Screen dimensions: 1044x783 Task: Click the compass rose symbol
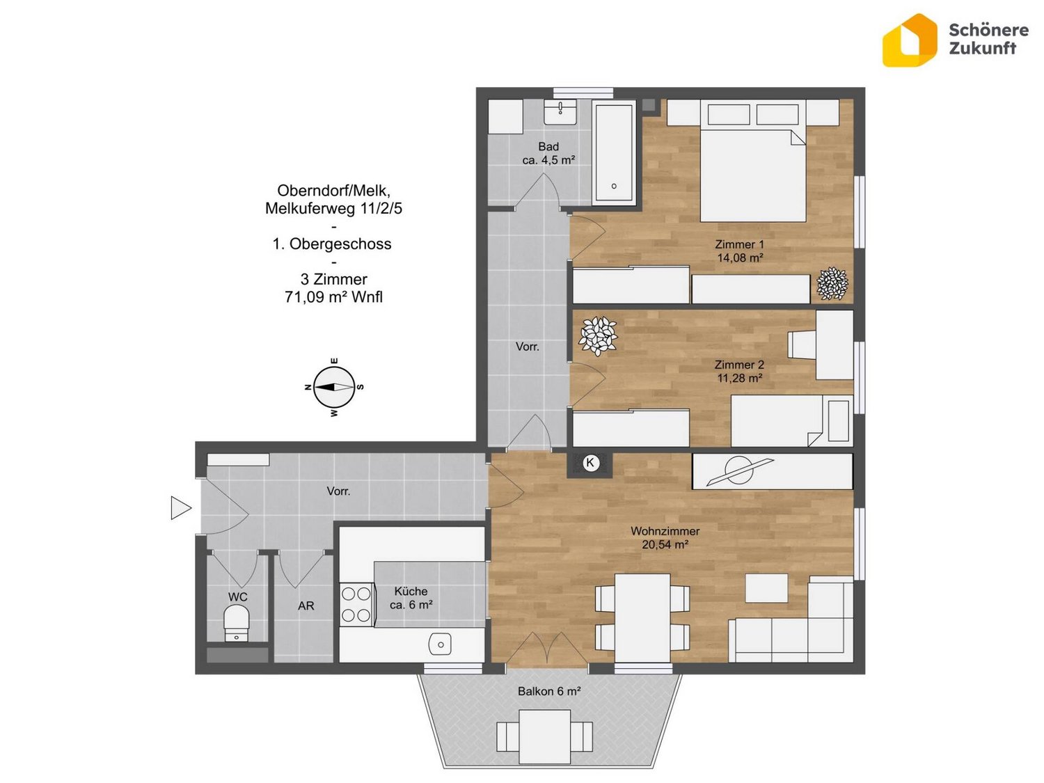(x=334, y=387)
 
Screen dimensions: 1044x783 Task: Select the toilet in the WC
(x=237, y=623)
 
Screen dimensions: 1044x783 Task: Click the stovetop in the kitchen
(x=356, y=603)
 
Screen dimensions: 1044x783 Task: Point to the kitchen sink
(x=439, y=644)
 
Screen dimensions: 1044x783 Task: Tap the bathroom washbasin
(x=560, y=112)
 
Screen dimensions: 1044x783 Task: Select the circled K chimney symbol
(x=590, y=462)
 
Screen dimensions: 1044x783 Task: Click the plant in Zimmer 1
(x=832, y=283)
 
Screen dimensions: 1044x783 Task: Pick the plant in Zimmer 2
(x=598, y=335)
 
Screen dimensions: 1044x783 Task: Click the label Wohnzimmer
(x=665, y=530)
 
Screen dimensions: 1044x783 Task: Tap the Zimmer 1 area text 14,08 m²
(x=740, y=258)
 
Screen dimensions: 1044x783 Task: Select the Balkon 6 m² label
(x=549, y=691)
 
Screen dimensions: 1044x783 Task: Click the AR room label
(x=306, y=606)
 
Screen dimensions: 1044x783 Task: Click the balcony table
(x=544, y=736)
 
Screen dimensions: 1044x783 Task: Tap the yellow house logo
(x=910, y=40)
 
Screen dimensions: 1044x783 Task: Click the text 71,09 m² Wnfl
(x=333, y=297)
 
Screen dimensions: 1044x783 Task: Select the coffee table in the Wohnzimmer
(x=766, y=588)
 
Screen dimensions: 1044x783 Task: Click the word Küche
(x=411, y=591)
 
